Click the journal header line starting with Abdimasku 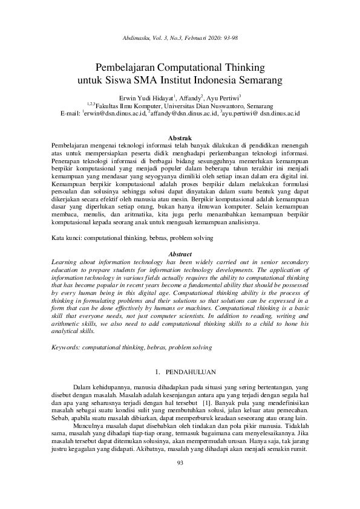(180, 37)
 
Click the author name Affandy (188, 97)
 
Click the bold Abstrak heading (180, 138)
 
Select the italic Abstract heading (180, 254)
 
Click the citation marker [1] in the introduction (206, 402)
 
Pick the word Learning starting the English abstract (65, 262)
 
